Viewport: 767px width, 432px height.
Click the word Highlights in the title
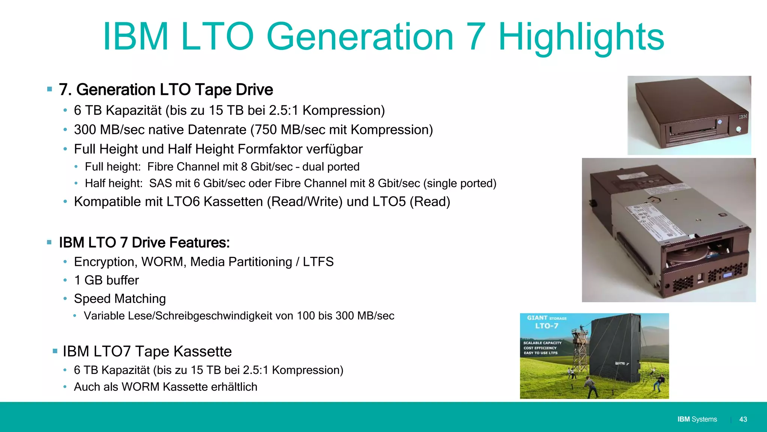click(581, 37)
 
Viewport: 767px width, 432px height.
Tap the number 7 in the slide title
click(476, 37)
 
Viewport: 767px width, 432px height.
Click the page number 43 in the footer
click(743, 419)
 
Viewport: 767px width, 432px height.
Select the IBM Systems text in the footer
click(697, 419)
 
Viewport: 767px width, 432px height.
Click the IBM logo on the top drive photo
click(743, 117)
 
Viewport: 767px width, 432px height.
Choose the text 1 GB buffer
click(106, 280)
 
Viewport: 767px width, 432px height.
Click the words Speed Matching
click(120, 299)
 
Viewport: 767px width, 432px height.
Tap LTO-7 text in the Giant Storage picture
click(546, 326)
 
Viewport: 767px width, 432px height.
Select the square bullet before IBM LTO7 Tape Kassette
click(55, 351)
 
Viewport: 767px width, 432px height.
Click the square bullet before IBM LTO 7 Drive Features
click(49, 243)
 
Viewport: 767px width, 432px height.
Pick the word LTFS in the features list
click(318, 262)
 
